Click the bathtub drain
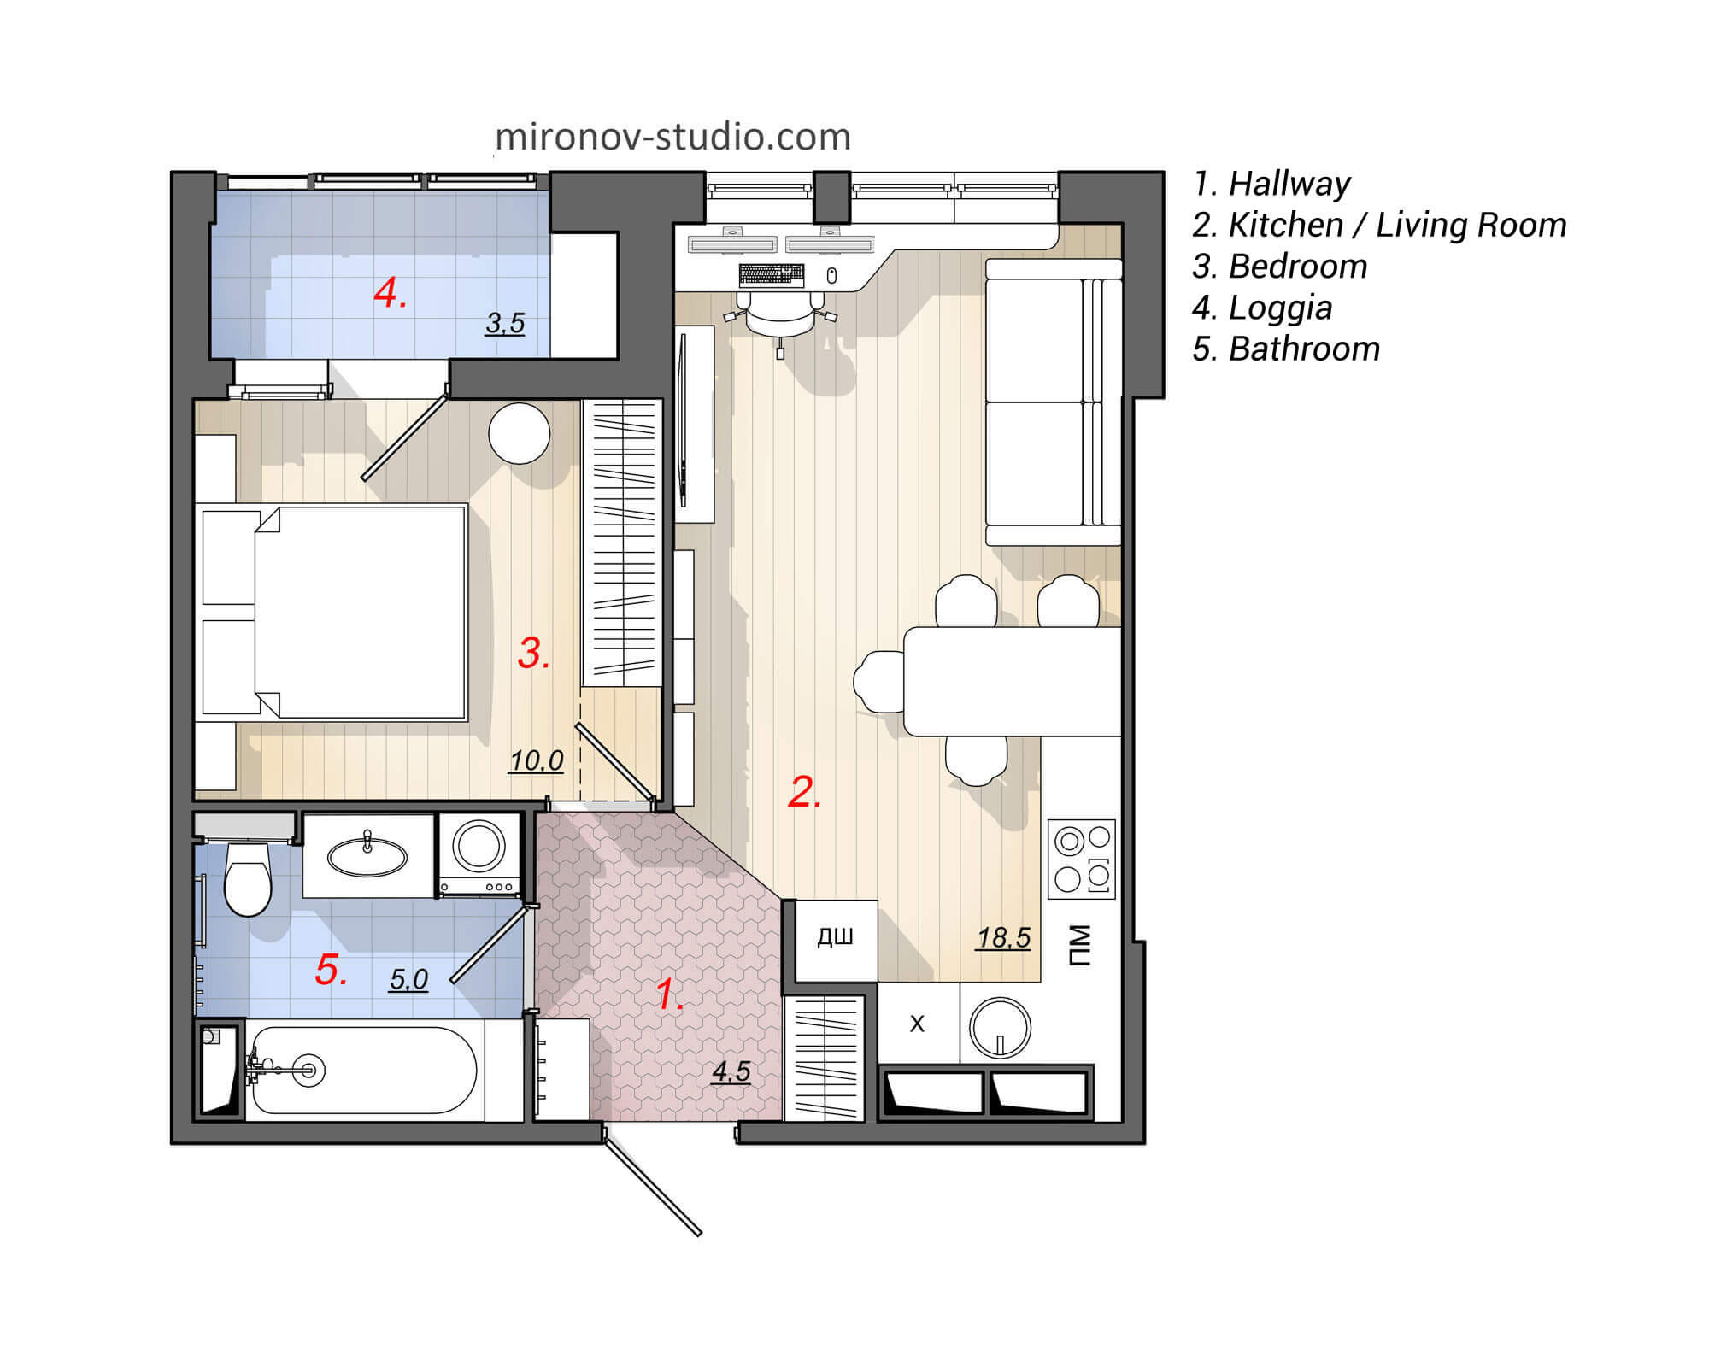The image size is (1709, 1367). click(308, 1069)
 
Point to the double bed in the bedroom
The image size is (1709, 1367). click(359, 612)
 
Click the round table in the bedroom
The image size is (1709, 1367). click(519, 433)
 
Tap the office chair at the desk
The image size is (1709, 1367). click(780, 317)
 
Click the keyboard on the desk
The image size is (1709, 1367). click(771, 274)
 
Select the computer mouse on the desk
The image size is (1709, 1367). click(831, 275)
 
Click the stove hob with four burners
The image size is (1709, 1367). click(1082, 859)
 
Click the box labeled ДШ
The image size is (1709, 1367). click(835, 939)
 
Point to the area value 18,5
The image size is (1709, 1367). click(1003, 938)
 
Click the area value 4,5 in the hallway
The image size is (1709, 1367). click(731, 1071)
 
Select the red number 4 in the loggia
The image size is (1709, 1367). click(390, 294)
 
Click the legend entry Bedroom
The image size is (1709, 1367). click(1280, 267)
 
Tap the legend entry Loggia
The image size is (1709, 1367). click(1262, 308)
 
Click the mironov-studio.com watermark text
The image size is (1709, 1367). click(672, 137)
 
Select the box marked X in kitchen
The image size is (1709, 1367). click(917, 1024)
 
